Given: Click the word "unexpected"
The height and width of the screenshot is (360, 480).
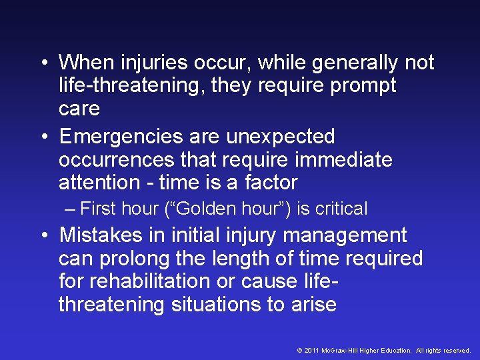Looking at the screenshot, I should (x=280, y=137).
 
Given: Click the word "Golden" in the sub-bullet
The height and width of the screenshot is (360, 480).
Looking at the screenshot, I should (x=200, y=209).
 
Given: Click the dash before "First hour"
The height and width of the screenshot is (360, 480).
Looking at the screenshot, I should (x=71, y=209).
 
